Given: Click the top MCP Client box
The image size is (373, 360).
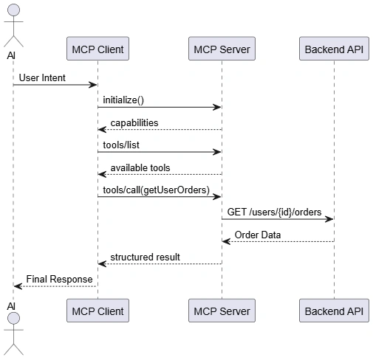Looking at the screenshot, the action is point(97,49).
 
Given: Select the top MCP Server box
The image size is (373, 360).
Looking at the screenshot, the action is point(222,49).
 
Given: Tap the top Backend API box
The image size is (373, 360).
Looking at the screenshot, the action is point(334,49).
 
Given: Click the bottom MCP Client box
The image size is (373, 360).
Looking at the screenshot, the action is point(97,311).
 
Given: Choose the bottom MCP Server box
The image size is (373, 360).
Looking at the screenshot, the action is point(222,311).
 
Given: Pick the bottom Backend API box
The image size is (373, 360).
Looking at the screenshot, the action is point(334,311).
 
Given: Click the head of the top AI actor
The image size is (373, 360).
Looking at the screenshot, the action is point(13,10).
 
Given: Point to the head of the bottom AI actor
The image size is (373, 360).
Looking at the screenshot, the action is point(13,319).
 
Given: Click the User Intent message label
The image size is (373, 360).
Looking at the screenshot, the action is point(42,78).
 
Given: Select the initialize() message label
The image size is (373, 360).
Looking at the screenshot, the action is point(123,100).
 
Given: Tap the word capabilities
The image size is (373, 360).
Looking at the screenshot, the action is point(134,123).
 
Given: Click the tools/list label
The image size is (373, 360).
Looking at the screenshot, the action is point(121,145).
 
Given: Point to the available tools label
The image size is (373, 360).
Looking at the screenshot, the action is point(140,168).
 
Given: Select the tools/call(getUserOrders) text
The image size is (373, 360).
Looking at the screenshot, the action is point(157,190).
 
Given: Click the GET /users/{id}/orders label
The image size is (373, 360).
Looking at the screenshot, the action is point(274,212).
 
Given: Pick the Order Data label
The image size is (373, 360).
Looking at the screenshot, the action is point(258,235).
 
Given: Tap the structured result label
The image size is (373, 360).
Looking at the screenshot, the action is point(145,257).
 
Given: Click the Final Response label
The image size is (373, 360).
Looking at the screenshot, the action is point(59,280).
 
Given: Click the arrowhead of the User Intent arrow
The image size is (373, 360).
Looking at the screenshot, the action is point(93,85).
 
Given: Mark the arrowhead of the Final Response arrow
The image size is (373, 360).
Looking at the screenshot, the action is point(18,286).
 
